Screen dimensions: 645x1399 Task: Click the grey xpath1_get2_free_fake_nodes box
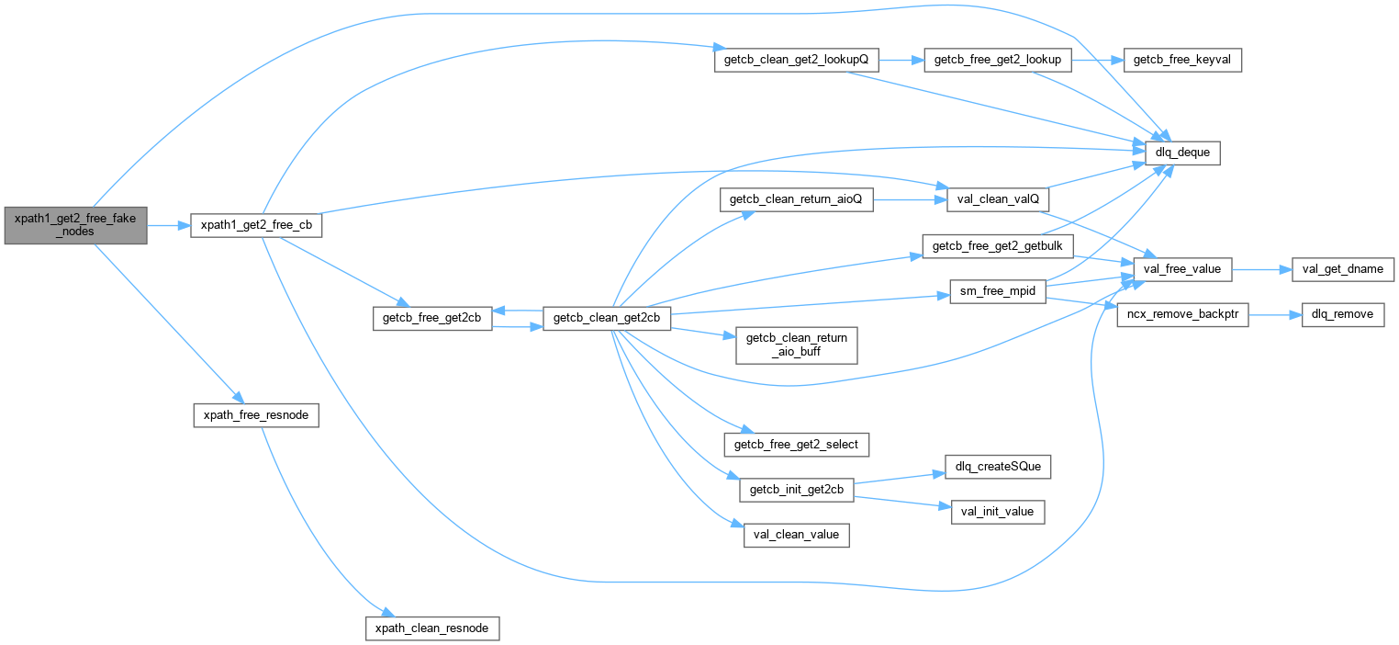75,225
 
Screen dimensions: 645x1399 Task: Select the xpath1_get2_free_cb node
255,225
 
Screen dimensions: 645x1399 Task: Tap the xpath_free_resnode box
255,415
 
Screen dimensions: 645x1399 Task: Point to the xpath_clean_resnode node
432,628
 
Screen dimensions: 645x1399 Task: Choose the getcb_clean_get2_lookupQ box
796,60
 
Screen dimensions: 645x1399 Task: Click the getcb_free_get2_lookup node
997,60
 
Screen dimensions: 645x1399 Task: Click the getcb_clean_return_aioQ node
795,199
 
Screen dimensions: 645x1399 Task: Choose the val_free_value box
1181,269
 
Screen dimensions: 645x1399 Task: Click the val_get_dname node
1342,269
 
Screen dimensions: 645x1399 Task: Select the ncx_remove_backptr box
1181,315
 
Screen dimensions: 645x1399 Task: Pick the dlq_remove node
1342,315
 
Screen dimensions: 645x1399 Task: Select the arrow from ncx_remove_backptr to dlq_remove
1275,315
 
